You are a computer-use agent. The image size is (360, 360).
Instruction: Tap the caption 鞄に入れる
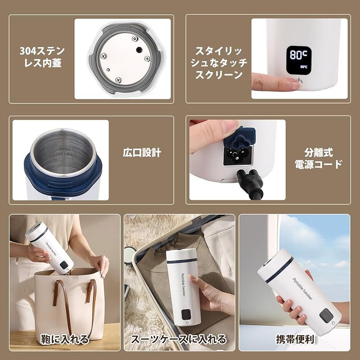coord(66,338)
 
